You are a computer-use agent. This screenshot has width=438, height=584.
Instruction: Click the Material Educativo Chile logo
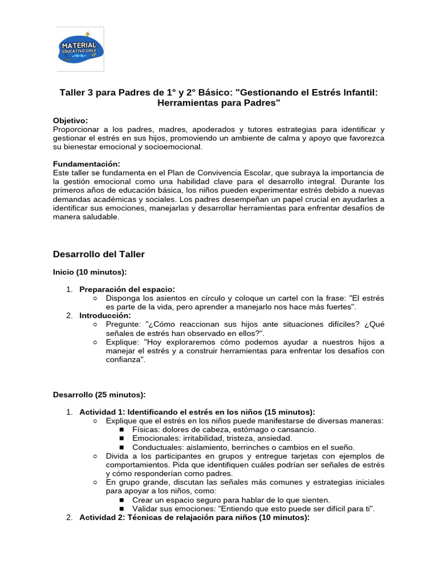pyautogui.click(x=80, y=48)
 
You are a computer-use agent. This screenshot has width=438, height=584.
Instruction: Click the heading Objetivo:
pyautogui.click(x=71, y=120)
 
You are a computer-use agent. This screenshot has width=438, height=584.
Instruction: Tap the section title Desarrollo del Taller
pyautogui.click(x=99, y=254)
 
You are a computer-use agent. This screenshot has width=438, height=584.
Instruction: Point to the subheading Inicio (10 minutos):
pyautogui.click(x=90, y=272)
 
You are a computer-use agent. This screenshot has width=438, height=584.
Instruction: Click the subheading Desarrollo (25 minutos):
pyautogui.click(x=99, y=394)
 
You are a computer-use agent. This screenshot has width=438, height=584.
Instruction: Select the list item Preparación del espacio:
pyautogui.click(x=127, y=289)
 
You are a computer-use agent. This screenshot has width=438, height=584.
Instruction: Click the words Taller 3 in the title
pyautogui.click(x=76, y=92)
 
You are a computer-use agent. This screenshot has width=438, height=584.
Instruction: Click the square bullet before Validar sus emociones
pyautogui.click(x=121, y=509)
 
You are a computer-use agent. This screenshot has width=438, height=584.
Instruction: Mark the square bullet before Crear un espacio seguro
pyautogui.click(x=121, y=500)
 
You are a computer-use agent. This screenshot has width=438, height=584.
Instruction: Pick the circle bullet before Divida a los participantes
pyautogui.click(x=95, y=456)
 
